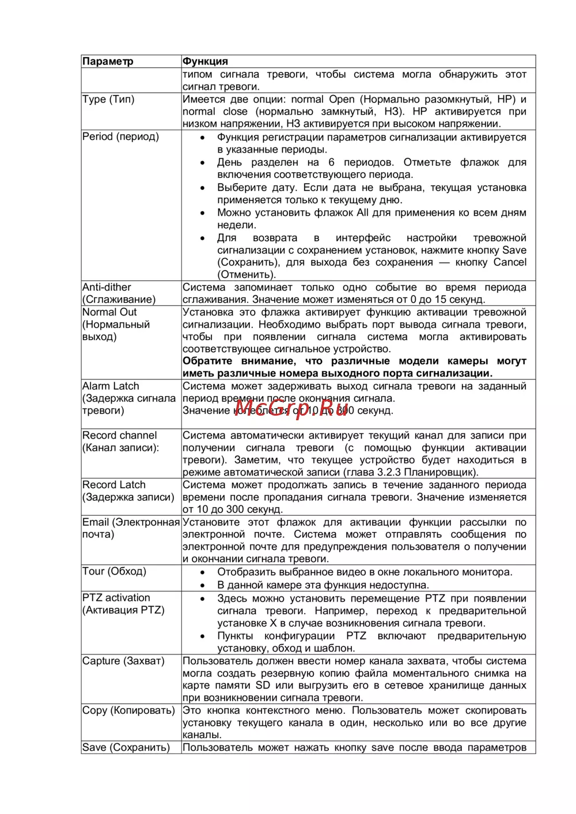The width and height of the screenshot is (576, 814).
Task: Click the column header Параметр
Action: (108, 62)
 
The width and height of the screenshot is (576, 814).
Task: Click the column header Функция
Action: (205, 62)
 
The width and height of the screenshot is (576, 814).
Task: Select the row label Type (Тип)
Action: (108, 99)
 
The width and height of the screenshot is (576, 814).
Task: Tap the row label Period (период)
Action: (120, 136)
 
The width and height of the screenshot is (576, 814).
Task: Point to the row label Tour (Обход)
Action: (114, 571)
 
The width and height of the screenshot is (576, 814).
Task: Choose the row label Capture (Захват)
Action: (123, 661)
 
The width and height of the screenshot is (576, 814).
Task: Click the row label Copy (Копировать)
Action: (128, 710)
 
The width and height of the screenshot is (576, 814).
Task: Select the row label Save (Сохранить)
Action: (126, 747)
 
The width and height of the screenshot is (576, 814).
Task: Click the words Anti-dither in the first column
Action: (107, 287)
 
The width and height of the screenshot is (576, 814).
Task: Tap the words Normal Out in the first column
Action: (109, 312)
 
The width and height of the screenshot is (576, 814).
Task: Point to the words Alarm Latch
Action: (111, 386)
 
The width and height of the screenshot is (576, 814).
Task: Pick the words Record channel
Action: (119, 435)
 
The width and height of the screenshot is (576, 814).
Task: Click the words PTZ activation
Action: (116, 598)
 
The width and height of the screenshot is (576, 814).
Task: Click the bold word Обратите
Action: (207, 361)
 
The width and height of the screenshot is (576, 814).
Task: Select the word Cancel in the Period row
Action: (510, 263)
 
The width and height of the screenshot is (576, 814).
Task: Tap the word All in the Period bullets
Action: (362, 212)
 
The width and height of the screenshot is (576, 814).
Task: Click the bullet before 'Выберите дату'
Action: (202, 188)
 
